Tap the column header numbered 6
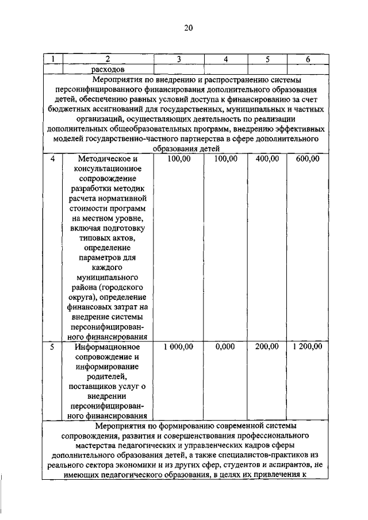tap(308, 59)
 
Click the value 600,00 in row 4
tap(308, 159)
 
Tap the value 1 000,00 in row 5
tap(179, 347)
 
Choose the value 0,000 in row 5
tap(225, 347)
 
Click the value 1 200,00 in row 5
tap(308, 347)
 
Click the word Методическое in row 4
tap(108, 159)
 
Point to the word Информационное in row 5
tap(108, 347)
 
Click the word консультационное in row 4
tap(108, 171)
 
